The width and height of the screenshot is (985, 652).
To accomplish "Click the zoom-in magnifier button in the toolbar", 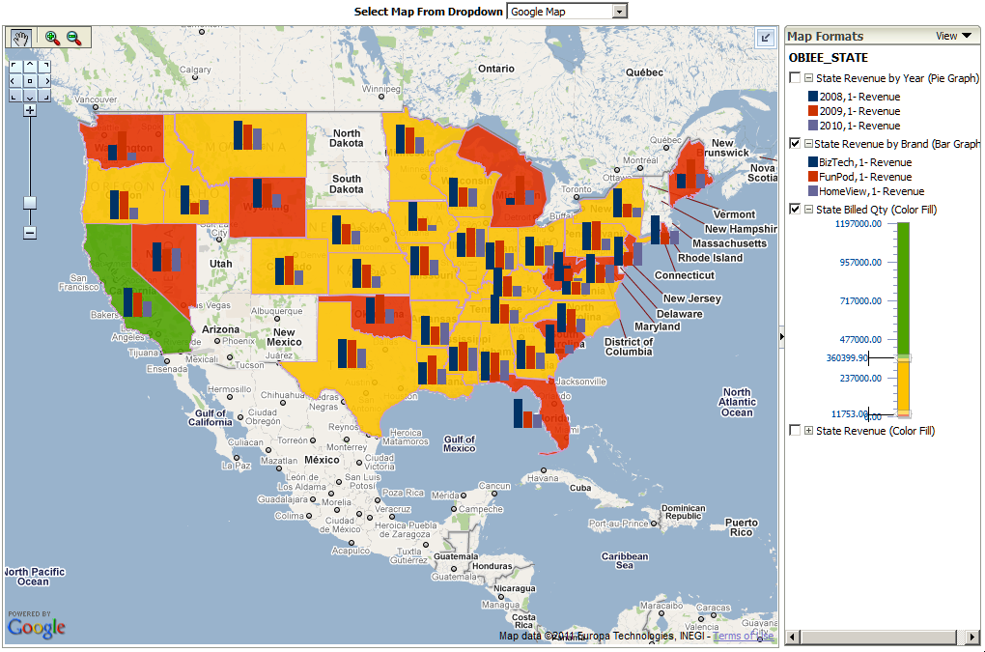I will (52, 38).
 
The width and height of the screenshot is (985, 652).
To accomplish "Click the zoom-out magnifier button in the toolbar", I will (74, 38).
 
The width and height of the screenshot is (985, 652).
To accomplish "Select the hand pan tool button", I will (21, 38).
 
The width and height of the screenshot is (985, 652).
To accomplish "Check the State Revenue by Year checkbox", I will (795, 78).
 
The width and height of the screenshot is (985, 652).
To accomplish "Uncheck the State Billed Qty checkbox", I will (795, 210).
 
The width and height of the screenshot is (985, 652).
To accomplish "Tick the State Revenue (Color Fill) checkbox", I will (795, 431).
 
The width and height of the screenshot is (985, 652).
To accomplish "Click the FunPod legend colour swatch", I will (812, 177).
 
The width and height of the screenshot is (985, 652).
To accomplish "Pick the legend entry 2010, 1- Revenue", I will (859, 126).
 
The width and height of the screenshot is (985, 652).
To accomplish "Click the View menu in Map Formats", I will (953, 36).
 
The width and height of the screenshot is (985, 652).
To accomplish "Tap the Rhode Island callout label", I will (710, 258).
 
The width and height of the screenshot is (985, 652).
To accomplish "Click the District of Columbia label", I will (629, 347).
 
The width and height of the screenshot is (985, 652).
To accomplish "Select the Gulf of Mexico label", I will (460, 443).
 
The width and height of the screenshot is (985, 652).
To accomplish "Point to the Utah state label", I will (220, 264).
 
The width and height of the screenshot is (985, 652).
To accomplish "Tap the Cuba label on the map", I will (579, 488).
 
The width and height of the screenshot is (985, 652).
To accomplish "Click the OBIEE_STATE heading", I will (828, 58).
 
